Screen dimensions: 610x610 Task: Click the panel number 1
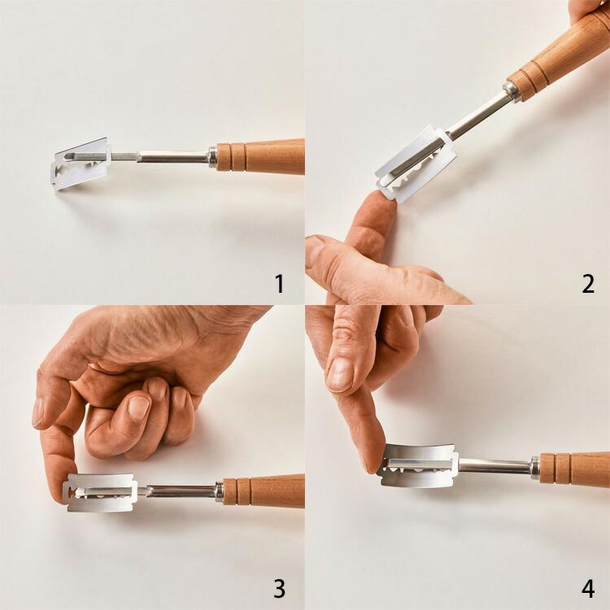tap(280, 284)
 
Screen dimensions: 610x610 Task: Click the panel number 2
tap(588, 284)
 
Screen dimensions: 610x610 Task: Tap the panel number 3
tap(279, 589)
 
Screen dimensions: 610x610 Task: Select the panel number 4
tap(588, 589)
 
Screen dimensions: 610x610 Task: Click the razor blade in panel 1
tap(81, 163)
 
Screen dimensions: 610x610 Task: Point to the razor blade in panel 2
tap(416, 164)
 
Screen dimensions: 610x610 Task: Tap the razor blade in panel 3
tap(100, 492)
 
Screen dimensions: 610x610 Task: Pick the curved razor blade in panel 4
tap(418, 465)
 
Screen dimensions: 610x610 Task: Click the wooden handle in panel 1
tap(260, 156)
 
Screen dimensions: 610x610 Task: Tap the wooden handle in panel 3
tap(264, 491)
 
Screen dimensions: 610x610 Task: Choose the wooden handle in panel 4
tap(574, 469)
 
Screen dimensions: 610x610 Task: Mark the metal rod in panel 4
tap(495, 466)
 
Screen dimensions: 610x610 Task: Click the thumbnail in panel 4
tap(340, 375)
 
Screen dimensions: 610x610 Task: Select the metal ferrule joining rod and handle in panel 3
tap(220, 492)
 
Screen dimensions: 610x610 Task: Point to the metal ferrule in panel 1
tap(212, 157)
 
